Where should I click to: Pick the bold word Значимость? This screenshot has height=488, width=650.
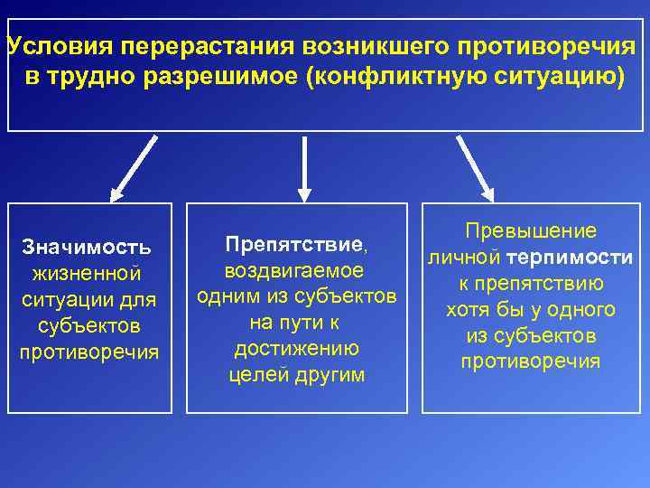(x=87, y=246)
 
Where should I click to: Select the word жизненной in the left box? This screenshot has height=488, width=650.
(x=87, y=273)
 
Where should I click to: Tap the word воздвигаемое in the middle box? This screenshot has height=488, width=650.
(x=294, y=270)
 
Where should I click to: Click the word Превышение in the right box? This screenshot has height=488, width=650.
(x=531, y=231)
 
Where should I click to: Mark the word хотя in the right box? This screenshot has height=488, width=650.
(x=469, y=310)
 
